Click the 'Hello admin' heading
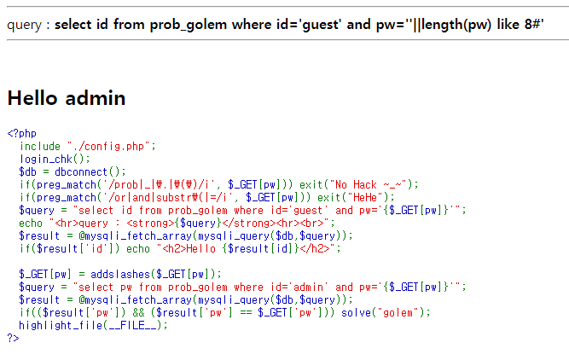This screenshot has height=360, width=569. (x=67, y=98)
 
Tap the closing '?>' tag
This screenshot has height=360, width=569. (x=12, y=338)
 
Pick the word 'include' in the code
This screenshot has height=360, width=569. (x=40, y=146)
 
